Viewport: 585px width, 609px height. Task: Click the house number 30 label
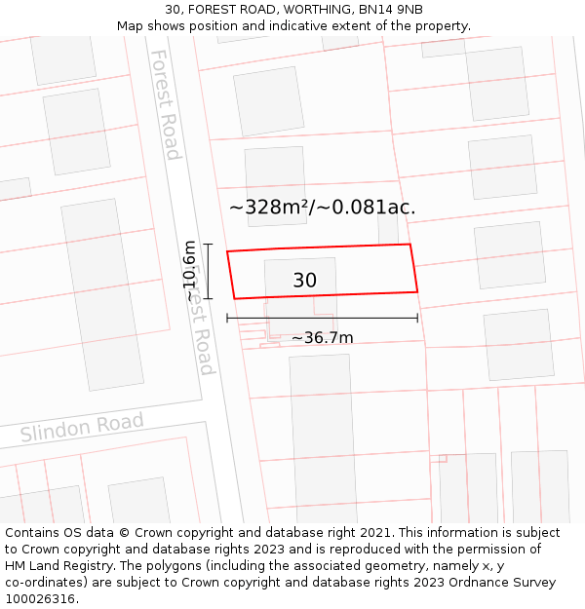[x=304, y=281]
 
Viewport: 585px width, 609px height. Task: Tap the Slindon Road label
[x=82, y=428]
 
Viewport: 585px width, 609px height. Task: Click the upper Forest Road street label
[x=165, y=104]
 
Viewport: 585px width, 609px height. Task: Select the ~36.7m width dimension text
[x=322, y=338]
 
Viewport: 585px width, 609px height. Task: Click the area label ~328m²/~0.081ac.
[x=322, y=207]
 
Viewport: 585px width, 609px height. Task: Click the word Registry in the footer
[x=90, y=566]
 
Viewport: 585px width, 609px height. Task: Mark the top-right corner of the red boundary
[x=409, y=245]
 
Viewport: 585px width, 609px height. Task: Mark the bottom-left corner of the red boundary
[x=234, y=298]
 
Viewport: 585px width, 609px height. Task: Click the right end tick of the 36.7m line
[x=417, y=318]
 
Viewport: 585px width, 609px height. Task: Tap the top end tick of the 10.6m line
[x=208, y=245]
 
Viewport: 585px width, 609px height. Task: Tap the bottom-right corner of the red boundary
[x=417, y=290]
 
